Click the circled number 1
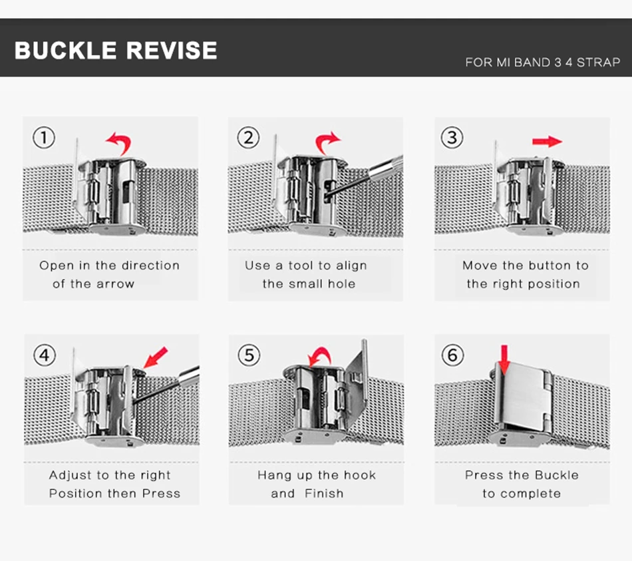[x=44, y=138]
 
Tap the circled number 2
[x=248, y=138]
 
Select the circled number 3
[x=452, y=138]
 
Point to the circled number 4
[x=45, y=355]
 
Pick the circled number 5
[x=249, y=355]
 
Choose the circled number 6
[x=452, y=355]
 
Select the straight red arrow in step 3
[x=547, y=142]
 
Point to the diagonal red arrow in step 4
[x=156, y=357]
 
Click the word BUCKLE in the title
[x=65, y=51]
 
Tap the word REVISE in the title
[x=172, y=51]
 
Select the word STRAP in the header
[x=598, y=63]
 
